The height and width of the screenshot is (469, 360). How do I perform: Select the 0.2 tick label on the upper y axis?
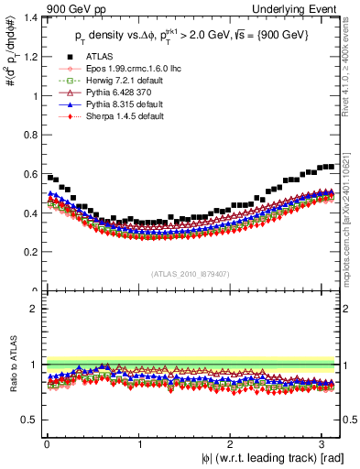tap(29, 252)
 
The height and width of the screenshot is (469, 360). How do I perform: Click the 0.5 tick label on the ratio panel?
tap(29, 420)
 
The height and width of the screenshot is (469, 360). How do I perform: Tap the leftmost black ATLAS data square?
tap(49, 177)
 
